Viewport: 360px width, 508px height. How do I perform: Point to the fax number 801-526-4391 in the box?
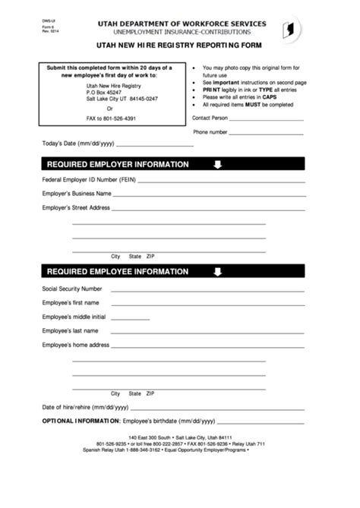pos(110,118)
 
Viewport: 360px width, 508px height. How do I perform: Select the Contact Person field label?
pos(210,118)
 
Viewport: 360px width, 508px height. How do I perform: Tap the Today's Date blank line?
pos(155,144)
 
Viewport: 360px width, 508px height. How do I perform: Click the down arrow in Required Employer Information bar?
pos(217,165)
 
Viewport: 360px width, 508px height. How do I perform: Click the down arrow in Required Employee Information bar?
pos(217,272)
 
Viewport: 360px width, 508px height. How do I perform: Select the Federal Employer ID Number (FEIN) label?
pos(89,180)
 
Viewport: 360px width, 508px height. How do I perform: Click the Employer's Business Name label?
pos(77,194)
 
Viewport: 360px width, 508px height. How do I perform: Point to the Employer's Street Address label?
pos(76,207)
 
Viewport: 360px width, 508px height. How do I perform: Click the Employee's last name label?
pos(70,331)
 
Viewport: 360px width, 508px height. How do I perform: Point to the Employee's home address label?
pos(76,345)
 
